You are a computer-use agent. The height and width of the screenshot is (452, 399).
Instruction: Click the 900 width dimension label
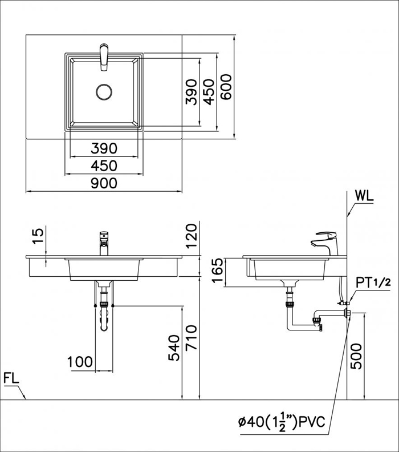coord(104,183)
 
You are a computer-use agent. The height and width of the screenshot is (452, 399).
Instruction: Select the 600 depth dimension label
coord(226,87)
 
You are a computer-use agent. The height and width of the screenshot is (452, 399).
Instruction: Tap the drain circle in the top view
coord(104,92)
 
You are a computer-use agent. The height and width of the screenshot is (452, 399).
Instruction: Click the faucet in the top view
coord(104,57)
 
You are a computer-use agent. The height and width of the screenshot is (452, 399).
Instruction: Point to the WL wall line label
coord(364,196)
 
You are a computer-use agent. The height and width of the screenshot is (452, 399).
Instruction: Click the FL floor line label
coord(11,378)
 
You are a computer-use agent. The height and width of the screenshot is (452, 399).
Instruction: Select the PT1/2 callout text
coord(373,283)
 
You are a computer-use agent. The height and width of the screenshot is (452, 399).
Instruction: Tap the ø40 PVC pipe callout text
coord(282,422)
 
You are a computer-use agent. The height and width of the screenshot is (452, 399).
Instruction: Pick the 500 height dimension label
coord(356,356)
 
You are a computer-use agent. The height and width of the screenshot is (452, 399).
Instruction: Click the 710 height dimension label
coord(191,337)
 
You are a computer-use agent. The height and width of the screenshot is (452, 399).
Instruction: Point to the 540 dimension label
coord(174,348)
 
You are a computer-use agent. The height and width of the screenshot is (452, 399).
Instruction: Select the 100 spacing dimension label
coord(80,362)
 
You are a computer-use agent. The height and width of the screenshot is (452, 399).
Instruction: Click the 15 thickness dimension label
coord(38,236)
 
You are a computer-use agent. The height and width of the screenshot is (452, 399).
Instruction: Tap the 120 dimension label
coord(191,236)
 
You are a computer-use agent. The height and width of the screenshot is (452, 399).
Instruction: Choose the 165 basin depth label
coord(217,271)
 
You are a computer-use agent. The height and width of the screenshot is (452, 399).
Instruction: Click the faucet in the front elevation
coord(104,243)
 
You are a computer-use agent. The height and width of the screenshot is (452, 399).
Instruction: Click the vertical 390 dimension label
coord(192,92)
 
